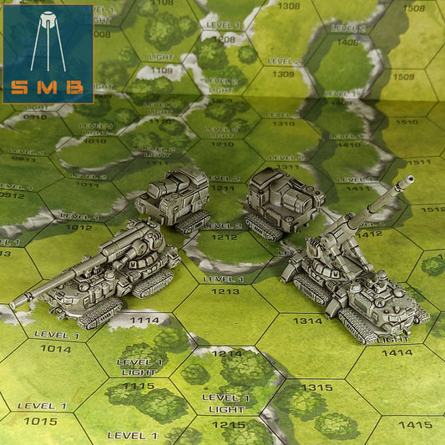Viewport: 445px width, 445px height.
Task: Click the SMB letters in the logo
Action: pos(48,88)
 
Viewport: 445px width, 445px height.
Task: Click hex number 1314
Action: pos(307,321)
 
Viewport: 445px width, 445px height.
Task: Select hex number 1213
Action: pos(225,291)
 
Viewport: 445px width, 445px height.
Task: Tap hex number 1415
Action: pos(415,424)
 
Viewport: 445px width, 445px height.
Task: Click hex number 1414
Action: pos(397,352)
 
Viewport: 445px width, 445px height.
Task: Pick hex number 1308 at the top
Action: pos(288,7)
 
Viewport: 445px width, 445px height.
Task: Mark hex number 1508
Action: pos(413,8)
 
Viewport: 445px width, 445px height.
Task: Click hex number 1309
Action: pos(283,74)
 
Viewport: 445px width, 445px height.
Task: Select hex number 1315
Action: pos(316,387)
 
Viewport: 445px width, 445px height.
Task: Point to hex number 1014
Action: pos(56,348)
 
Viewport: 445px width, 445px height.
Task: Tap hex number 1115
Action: pos(139,386)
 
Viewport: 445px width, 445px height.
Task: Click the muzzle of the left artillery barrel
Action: pos(14,305)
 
